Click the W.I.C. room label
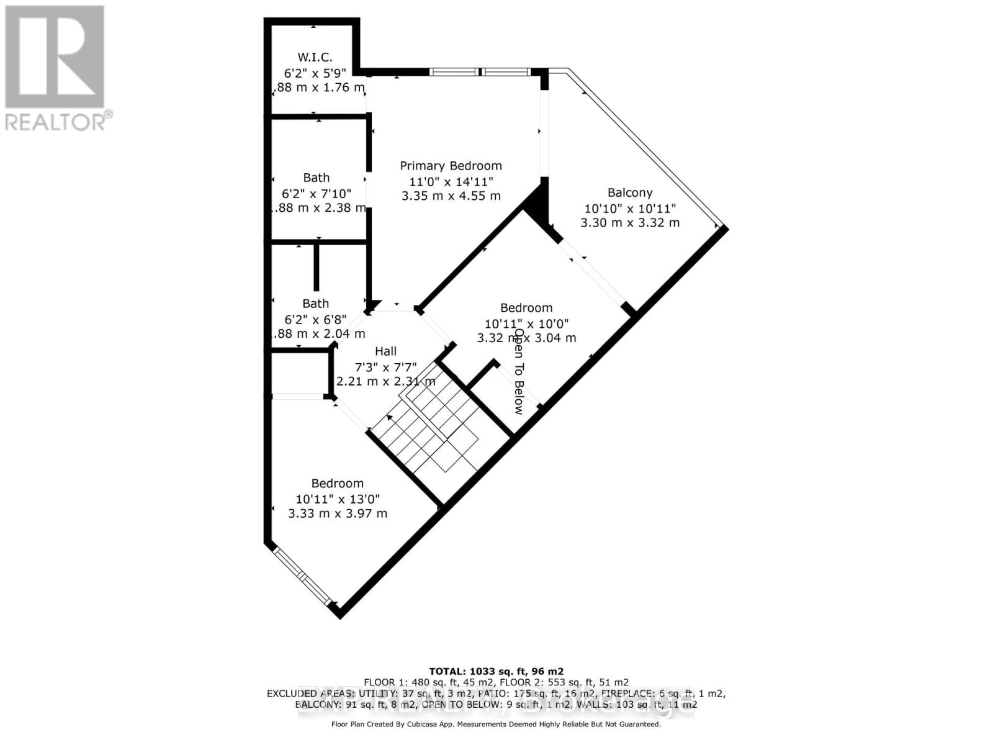point(315,57)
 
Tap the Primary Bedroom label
point(451,166)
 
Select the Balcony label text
point(630,192)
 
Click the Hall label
point(385,351)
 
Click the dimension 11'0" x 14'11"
point(451,181)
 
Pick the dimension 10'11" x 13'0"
point(338,499)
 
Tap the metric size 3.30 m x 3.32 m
point(630,222)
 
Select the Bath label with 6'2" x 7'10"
point(317,178)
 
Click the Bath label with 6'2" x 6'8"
point(315,304)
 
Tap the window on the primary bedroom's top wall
point(480,72)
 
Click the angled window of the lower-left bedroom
point(302,576)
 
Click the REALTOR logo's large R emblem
point(55,56)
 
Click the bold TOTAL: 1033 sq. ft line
point(496,671)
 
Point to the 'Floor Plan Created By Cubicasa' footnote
point(496,724)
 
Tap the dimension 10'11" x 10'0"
point(526,323)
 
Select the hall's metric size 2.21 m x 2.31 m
point(385,381)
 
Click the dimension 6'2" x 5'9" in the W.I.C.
point(315,72)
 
